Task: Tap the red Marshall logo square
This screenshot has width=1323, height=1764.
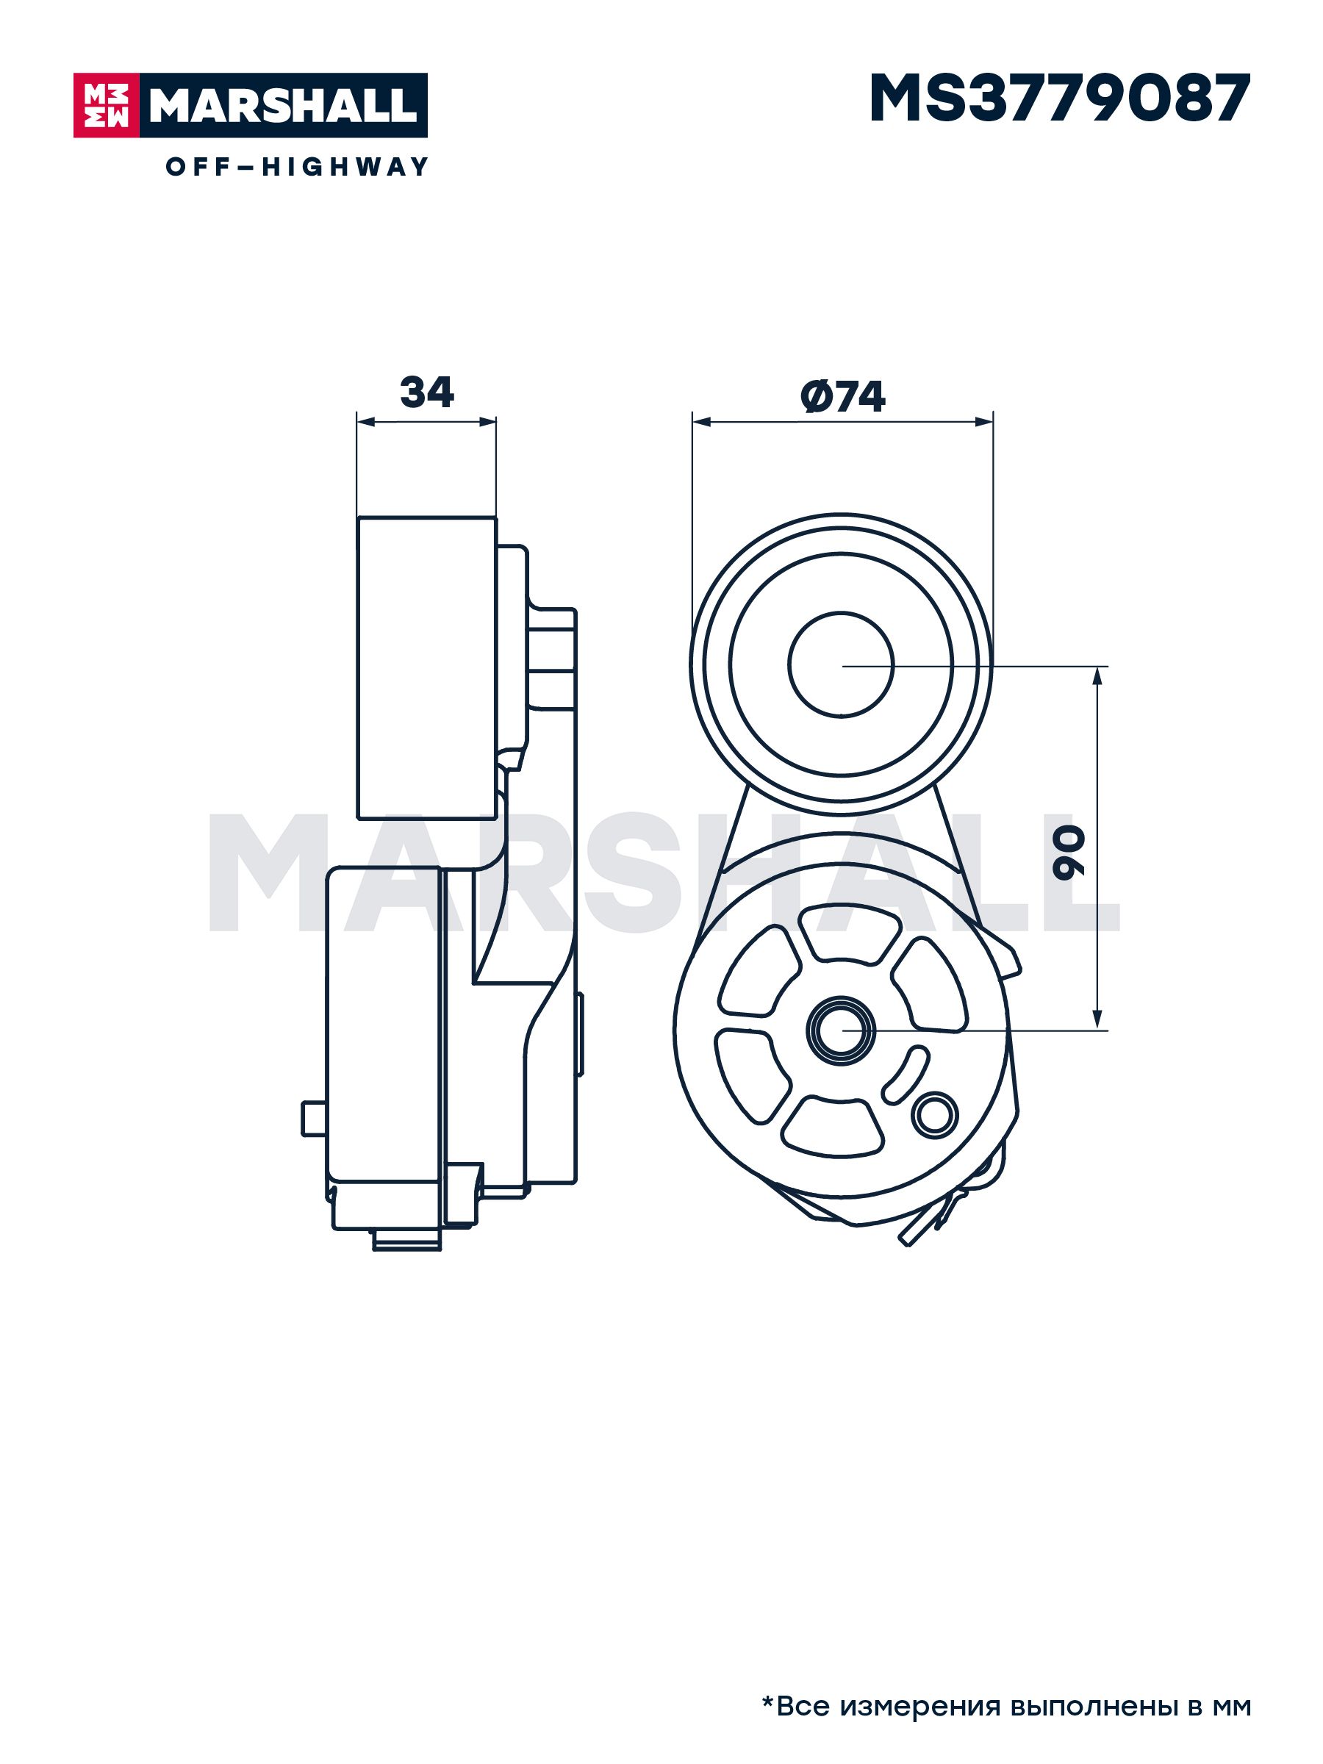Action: tap(107, 105)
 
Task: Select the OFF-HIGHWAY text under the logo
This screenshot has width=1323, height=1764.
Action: tap(298, 167)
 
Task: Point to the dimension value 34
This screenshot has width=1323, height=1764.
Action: tap(426, 392)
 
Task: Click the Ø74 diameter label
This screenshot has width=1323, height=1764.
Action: tap(843, 396)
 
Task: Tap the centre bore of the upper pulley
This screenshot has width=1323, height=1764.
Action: tap(842, 664)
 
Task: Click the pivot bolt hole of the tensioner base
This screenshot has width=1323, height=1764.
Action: tap(842, 1030)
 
